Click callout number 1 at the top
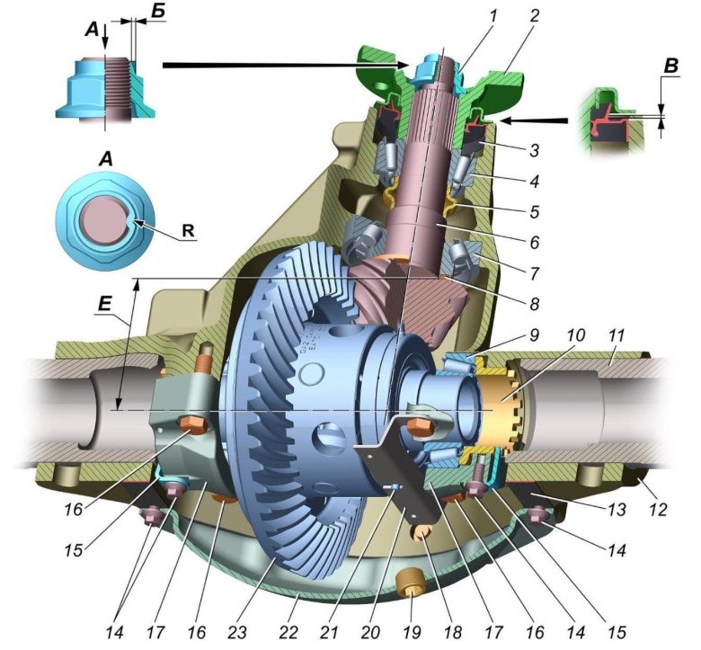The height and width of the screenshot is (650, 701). point(492,17)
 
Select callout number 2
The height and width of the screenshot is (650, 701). point(534,17)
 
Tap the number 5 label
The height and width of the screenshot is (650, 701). point(534,211)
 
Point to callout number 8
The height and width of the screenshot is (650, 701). point(534,304)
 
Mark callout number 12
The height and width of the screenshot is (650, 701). point(655,510)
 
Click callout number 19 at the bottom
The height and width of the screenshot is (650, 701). point(412,632)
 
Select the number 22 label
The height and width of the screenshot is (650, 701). point(288,632)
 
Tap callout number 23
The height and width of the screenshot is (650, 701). point(237,632)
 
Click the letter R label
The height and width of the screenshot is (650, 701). point(188,231)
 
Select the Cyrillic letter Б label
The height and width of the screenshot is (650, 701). point(157,12)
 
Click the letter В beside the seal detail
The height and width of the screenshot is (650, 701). point(670,66)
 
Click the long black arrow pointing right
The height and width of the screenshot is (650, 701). point(285,66)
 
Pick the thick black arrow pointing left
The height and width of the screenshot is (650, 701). point(534,120)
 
